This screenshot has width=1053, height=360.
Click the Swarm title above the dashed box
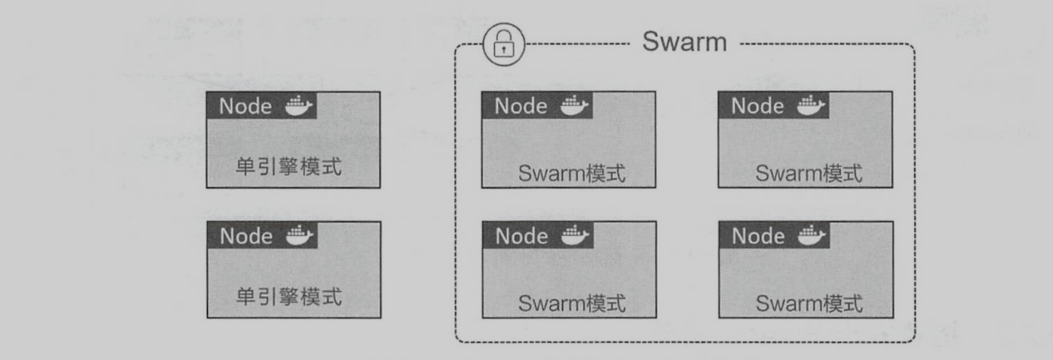click(x=685, y=44)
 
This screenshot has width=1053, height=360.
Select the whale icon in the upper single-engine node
click(x=298, y=106)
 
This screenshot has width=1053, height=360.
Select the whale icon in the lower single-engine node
click(x=298, y=236)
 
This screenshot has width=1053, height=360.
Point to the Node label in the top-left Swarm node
click(x=521, y=106)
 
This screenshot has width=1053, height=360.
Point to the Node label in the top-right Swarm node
click(x=758, y=106)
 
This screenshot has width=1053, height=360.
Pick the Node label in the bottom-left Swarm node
click(x=521, y=236)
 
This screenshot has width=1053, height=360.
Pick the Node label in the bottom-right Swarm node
click(x=758, y=236)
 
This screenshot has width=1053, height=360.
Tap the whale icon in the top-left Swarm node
click(x=575, y=106)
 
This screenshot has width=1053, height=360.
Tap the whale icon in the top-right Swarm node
click(x=811, y=106)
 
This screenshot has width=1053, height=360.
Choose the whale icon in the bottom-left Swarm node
click(x=575, y=236)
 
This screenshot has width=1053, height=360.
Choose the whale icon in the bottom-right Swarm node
click(x=811, y=236)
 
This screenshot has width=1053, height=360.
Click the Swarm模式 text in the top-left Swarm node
click(x=572, y=174)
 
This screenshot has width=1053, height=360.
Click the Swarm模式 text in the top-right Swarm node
click(x=809, y=174)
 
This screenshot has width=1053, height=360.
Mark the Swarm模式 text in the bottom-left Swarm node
click(x=572, y=303)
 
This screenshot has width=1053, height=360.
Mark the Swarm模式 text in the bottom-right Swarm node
click(x=809, y=303)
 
